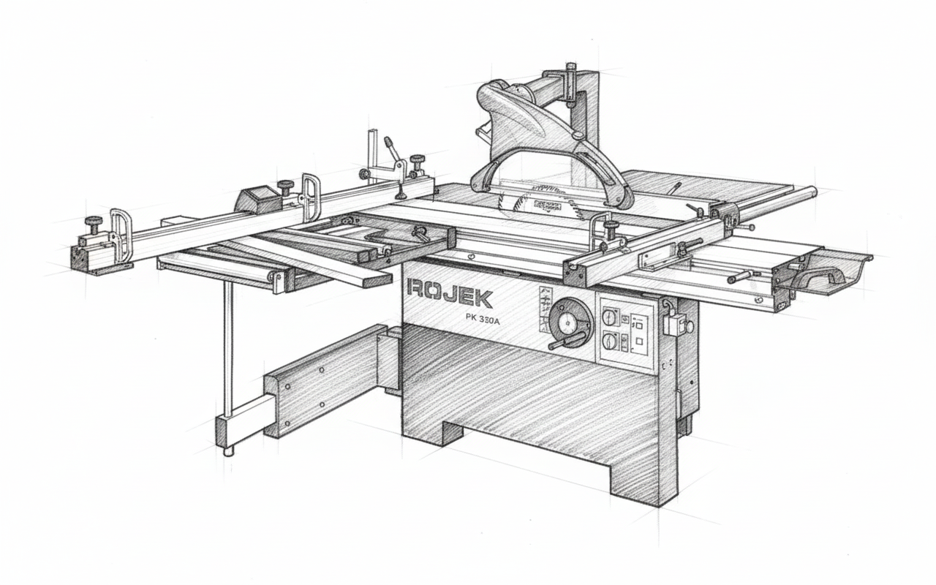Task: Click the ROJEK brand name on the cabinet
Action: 449,298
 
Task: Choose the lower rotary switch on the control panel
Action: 610,341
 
